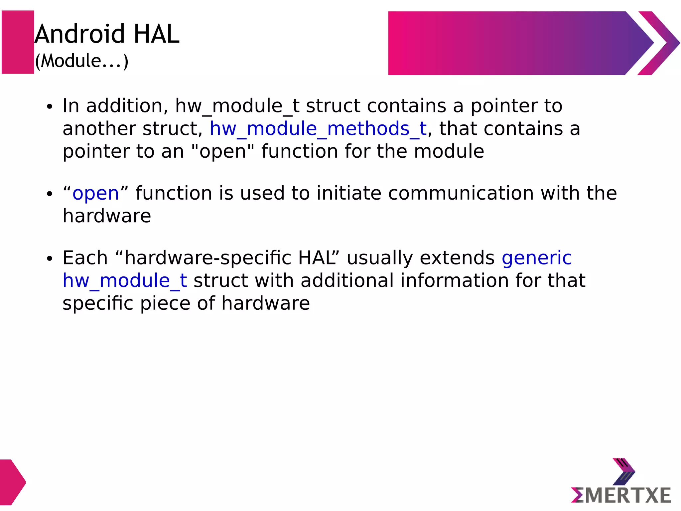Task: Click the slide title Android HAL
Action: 107,34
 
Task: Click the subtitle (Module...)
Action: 81,61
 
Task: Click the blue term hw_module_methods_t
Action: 318,129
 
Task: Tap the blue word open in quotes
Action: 96,193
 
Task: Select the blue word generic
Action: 536,258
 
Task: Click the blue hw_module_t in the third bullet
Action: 125,281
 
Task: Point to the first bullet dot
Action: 50,107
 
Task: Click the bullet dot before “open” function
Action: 50,194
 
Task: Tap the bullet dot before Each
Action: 50,258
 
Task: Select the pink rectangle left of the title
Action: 18,42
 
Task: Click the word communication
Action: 461,193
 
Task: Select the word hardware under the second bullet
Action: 107,216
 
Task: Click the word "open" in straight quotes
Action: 223,151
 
